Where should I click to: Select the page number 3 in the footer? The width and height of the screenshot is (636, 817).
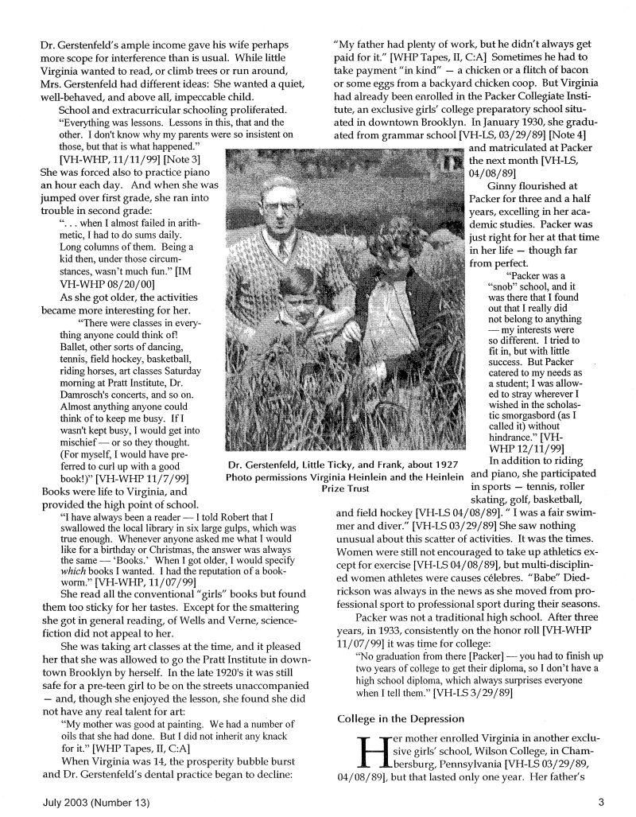click(601, 802)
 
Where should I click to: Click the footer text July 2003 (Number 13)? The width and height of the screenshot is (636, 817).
click(95, 802)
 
